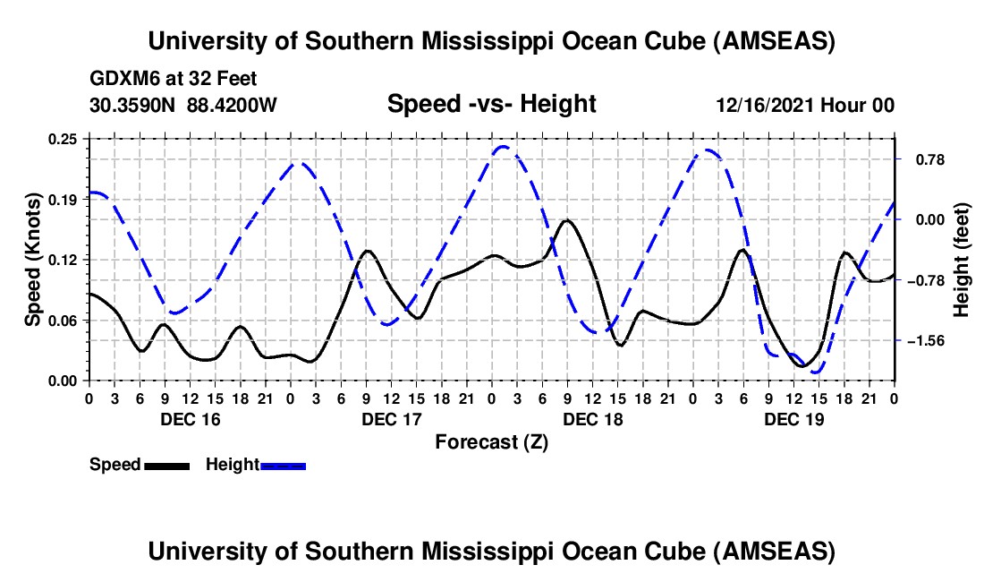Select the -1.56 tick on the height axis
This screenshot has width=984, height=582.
click(926, 341)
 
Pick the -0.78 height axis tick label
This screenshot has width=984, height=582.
click(926, 280)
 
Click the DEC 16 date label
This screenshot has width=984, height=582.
click(190, 419)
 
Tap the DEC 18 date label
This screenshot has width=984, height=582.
click(592, 419)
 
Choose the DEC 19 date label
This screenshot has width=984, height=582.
click(793, 419)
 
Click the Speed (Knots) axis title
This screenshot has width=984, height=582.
click(33, 259)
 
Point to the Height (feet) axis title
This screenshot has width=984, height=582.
click(962, 260)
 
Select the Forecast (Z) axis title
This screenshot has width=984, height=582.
click(491, 441)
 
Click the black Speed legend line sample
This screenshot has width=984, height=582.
click(166, 465)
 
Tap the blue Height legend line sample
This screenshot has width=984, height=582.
click(283, 465)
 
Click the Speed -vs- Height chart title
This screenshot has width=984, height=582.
click(491, 105)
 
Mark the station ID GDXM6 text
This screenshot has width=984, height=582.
click(123, 79)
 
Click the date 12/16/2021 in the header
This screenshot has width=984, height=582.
click(767, 106)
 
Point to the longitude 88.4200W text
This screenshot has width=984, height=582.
click(233, 106)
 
